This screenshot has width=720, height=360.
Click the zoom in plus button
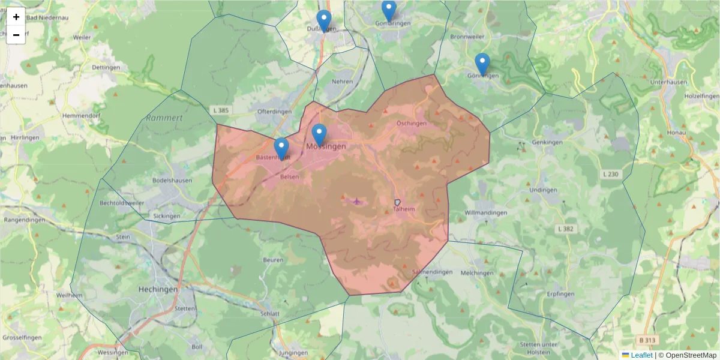click(16, 17)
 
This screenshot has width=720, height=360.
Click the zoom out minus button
click(16, 35)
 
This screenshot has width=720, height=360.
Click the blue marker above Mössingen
click(319, 135)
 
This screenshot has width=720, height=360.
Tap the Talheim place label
click(404, 209)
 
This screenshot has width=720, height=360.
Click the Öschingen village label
click(412, 124)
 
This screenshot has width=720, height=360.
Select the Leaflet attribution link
click(641, 355)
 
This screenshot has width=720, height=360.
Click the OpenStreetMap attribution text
click(688, 355)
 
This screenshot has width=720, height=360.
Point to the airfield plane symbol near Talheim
click(358, 201)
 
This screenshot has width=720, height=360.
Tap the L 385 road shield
click(221, 110)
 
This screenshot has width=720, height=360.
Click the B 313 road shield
click(647, 340)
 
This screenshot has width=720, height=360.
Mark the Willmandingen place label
click(486, 213)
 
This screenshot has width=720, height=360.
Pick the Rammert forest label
click(164, 118)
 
